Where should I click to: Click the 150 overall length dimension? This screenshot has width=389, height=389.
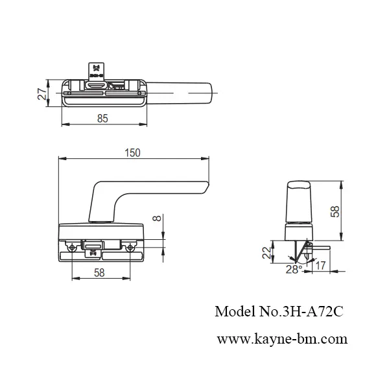click(132, 152)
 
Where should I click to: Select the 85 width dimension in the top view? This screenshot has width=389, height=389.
click(103, 119)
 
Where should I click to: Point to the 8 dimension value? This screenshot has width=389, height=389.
click(156, 218)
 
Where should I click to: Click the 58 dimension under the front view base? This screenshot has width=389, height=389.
click(99, 274)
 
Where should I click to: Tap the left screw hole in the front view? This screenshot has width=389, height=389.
click(70, 246)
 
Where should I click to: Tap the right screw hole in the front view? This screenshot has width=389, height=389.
click(131, 246)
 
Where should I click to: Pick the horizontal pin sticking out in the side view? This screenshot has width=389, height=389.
click(322, 246)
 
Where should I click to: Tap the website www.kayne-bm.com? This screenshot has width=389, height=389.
click(281, 338)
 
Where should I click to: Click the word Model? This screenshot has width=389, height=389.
click(231, 312)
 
